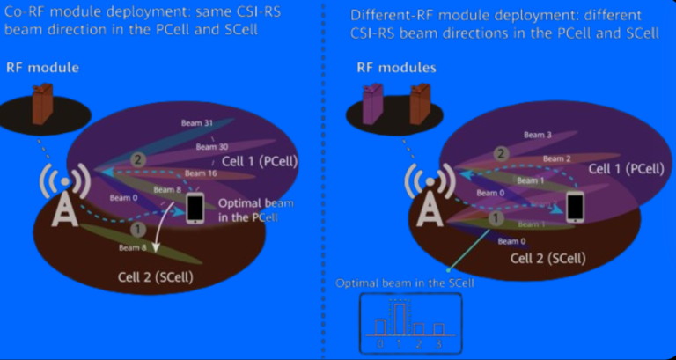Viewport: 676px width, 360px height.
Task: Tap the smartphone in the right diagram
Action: (576, 207)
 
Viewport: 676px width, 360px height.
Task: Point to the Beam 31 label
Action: (202, 123)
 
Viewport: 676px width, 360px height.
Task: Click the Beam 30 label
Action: (205, 146)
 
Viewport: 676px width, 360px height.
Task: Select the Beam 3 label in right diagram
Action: (537, 135)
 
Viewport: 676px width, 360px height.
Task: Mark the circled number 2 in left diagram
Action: (137, 159)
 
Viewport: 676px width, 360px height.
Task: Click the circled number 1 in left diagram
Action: (137, 230)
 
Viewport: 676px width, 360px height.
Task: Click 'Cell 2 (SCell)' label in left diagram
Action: (155, 277)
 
